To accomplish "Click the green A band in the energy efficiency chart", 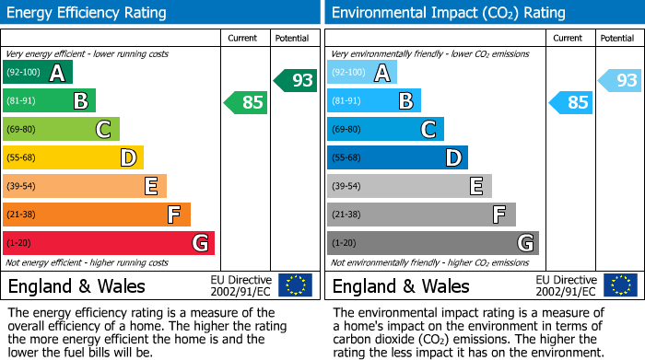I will (x=37, y=73).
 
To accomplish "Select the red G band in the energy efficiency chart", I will (x=108, y=243).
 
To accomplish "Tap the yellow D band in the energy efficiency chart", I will (x=73, y=158).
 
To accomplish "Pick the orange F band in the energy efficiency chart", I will (x=96, y=215).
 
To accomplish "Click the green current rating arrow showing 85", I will (x=246, y=102).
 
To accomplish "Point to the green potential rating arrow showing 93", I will (x=295, y=80).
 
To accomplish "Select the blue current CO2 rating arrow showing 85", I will (x=570, y=102).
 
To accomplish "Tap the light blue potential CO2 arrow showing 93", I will (x=619, y=80).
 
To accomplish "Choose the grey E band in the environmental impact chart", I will (x=409, y=186).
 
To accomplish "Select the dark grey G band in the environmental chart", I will (x=432, y=243).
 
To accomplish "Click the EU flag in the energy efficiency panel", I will (x=295, y=285).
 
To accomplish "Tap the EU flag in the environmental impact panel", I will (x=619, y=285).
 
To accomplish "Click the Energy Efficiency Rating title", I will (x=88, y=13).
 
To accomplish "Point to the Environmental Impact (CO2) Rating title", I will (x=448, y=13).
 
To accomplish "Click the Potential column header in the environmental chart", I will (x=617, y=38).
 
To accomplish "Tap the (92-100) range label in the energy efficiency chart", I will (x=24, y=73).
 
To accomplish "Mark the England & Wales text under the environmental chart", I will (x=401, y=285).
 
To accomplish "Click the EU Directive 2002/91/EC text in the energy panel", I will (x=241, y=285).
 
